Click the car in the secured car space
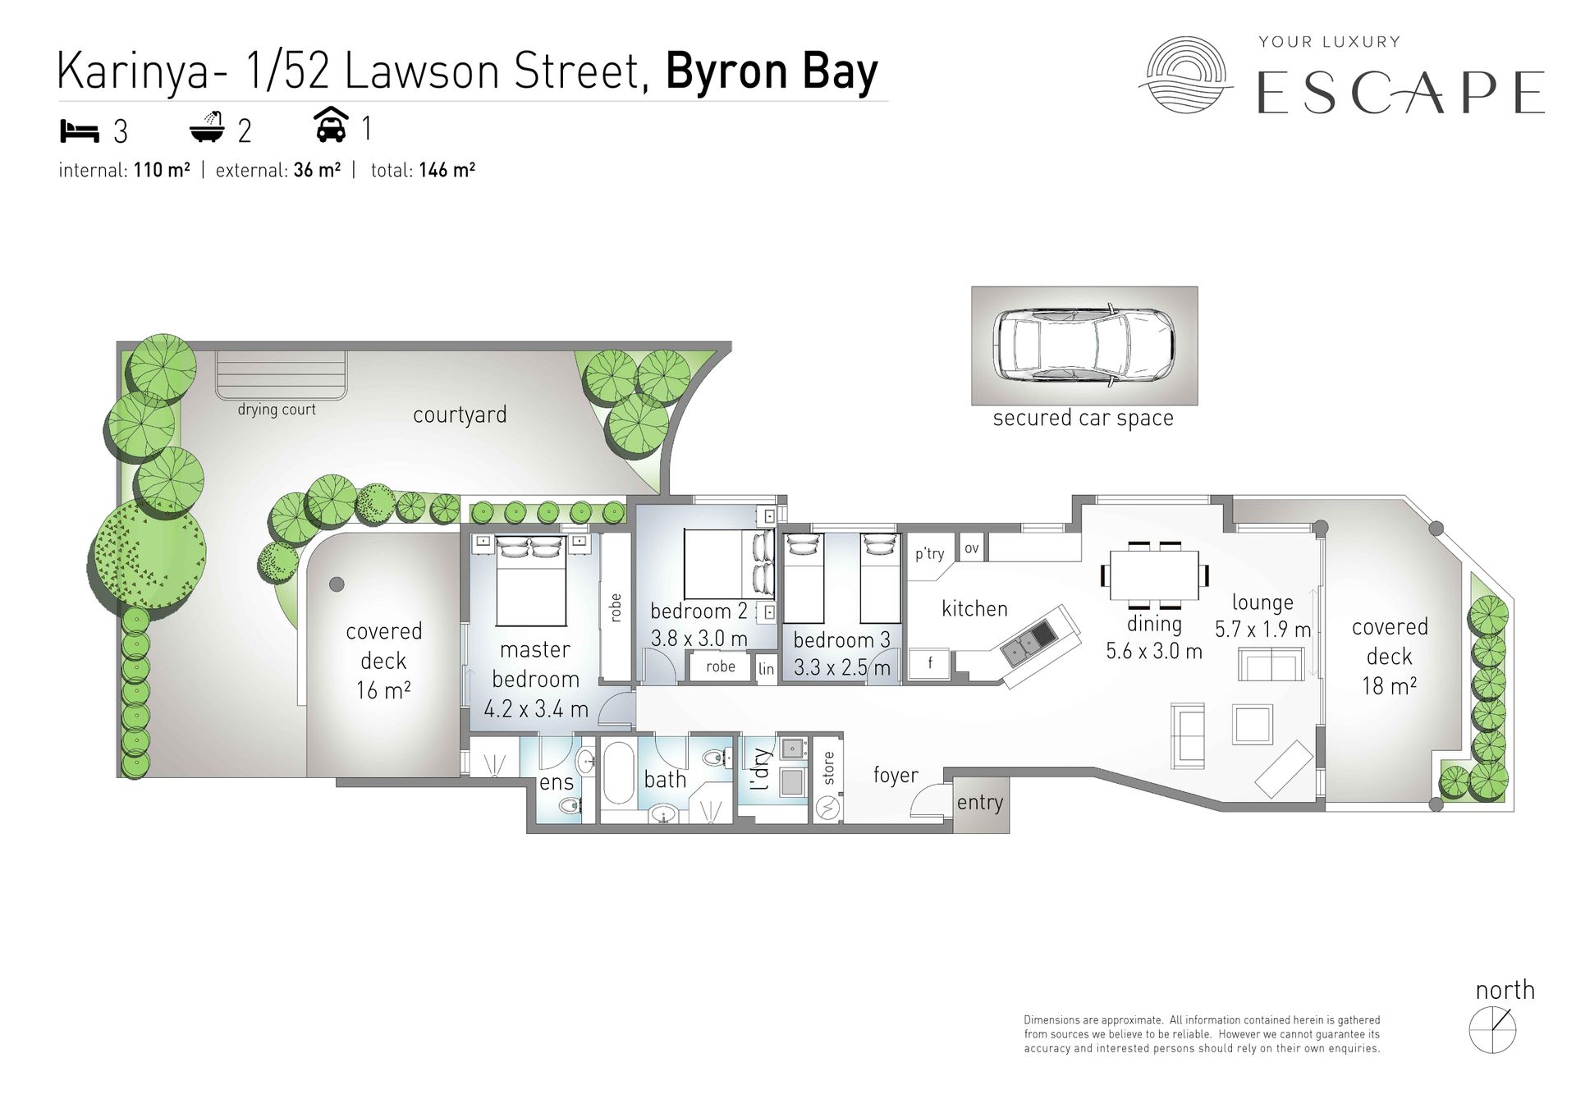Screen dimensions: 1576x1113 click(1083, 345)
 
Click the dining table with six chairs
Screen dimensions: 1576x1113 click(1154, 575)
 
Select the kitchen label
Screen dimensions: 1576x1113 click(974, 609)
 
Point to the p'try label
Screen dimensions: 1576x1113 click(930, 554)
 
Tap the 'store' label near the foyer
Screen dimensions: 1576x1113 click(828, 768)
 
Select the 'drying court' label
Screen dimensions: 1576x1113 click(277, 410)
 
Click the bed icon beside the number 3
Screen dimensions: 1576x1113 click(79, 131)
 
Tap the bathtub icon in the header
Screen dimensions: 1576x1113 click(207, 127)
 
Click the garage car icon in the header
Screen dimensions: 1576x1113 click(331, 126)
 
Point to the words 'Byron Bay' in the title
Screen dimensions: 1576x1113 click(772, 71)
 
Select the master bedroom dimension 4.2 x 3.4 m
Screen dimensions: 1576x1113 click(536, 709)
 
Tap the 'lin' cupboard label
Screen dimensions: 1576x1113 click(766, 669)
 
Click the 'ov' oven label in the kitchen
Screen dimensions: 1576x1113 click(972, 548)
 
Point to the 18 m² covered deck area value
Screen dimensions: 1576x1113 click(1389, 685)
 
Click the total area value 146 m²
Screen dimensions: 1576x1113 click(447, 170)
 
